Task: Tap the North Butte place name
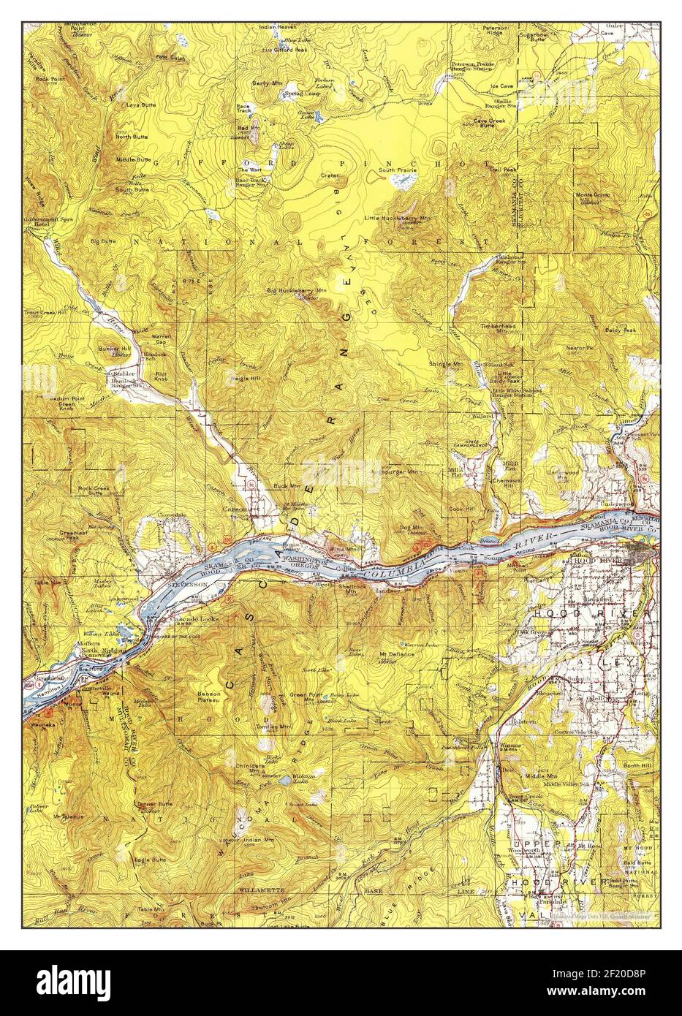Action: [132, 136]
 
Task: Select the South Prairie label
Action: [397, 170]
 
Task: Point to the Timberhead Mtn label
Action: [499, 328]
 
